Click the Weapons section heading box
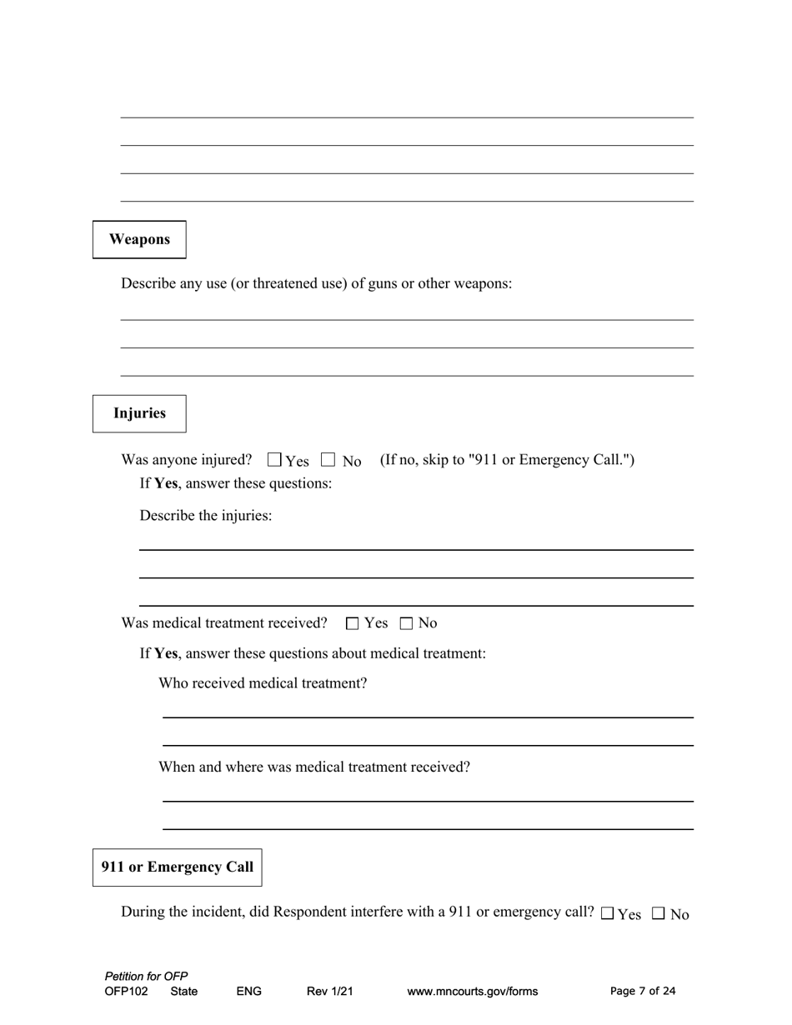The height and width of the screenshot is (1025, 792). [139, 240]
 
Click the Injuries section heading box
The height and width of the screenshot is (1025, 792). [139, 413]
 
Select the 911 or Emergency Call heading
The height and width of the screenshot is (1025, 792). [177, 867]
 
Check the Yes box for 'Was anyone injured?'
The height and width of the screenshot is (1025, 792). [275, 459]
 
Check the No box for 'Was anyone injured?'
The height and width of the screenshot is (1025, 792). [328, 459]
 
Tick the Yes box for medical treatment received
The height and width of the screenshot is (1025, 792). [352, 623]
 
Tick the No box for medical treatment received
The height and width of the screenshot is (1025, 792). [407, 623]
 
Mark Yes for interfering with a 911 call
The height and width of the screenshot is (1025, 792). [607, 913]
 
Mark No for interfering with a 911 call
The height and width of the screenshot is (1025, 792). [659, 913]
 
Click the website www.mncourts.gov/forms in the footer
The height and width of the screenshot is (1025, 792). [472, 992]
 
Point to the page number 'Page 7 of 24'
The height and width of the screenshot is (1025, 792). [643, 991]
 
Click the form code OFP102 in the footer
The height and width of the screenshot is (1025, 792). [127, 992]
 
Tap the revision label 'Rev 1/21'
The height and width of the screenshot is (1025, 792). [330, 992]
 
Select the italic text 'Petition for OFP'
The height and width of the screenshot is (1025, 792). [146, 977]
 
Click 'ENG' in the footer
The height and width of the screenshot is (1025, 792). [249, 992]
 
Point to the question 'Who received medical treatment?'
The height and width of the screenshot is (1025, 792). [263, 683]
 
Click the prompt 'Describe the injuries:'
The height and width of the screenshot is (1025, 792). [206, 516]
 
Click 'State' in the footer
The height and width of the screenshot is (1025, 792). [184, 992]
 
